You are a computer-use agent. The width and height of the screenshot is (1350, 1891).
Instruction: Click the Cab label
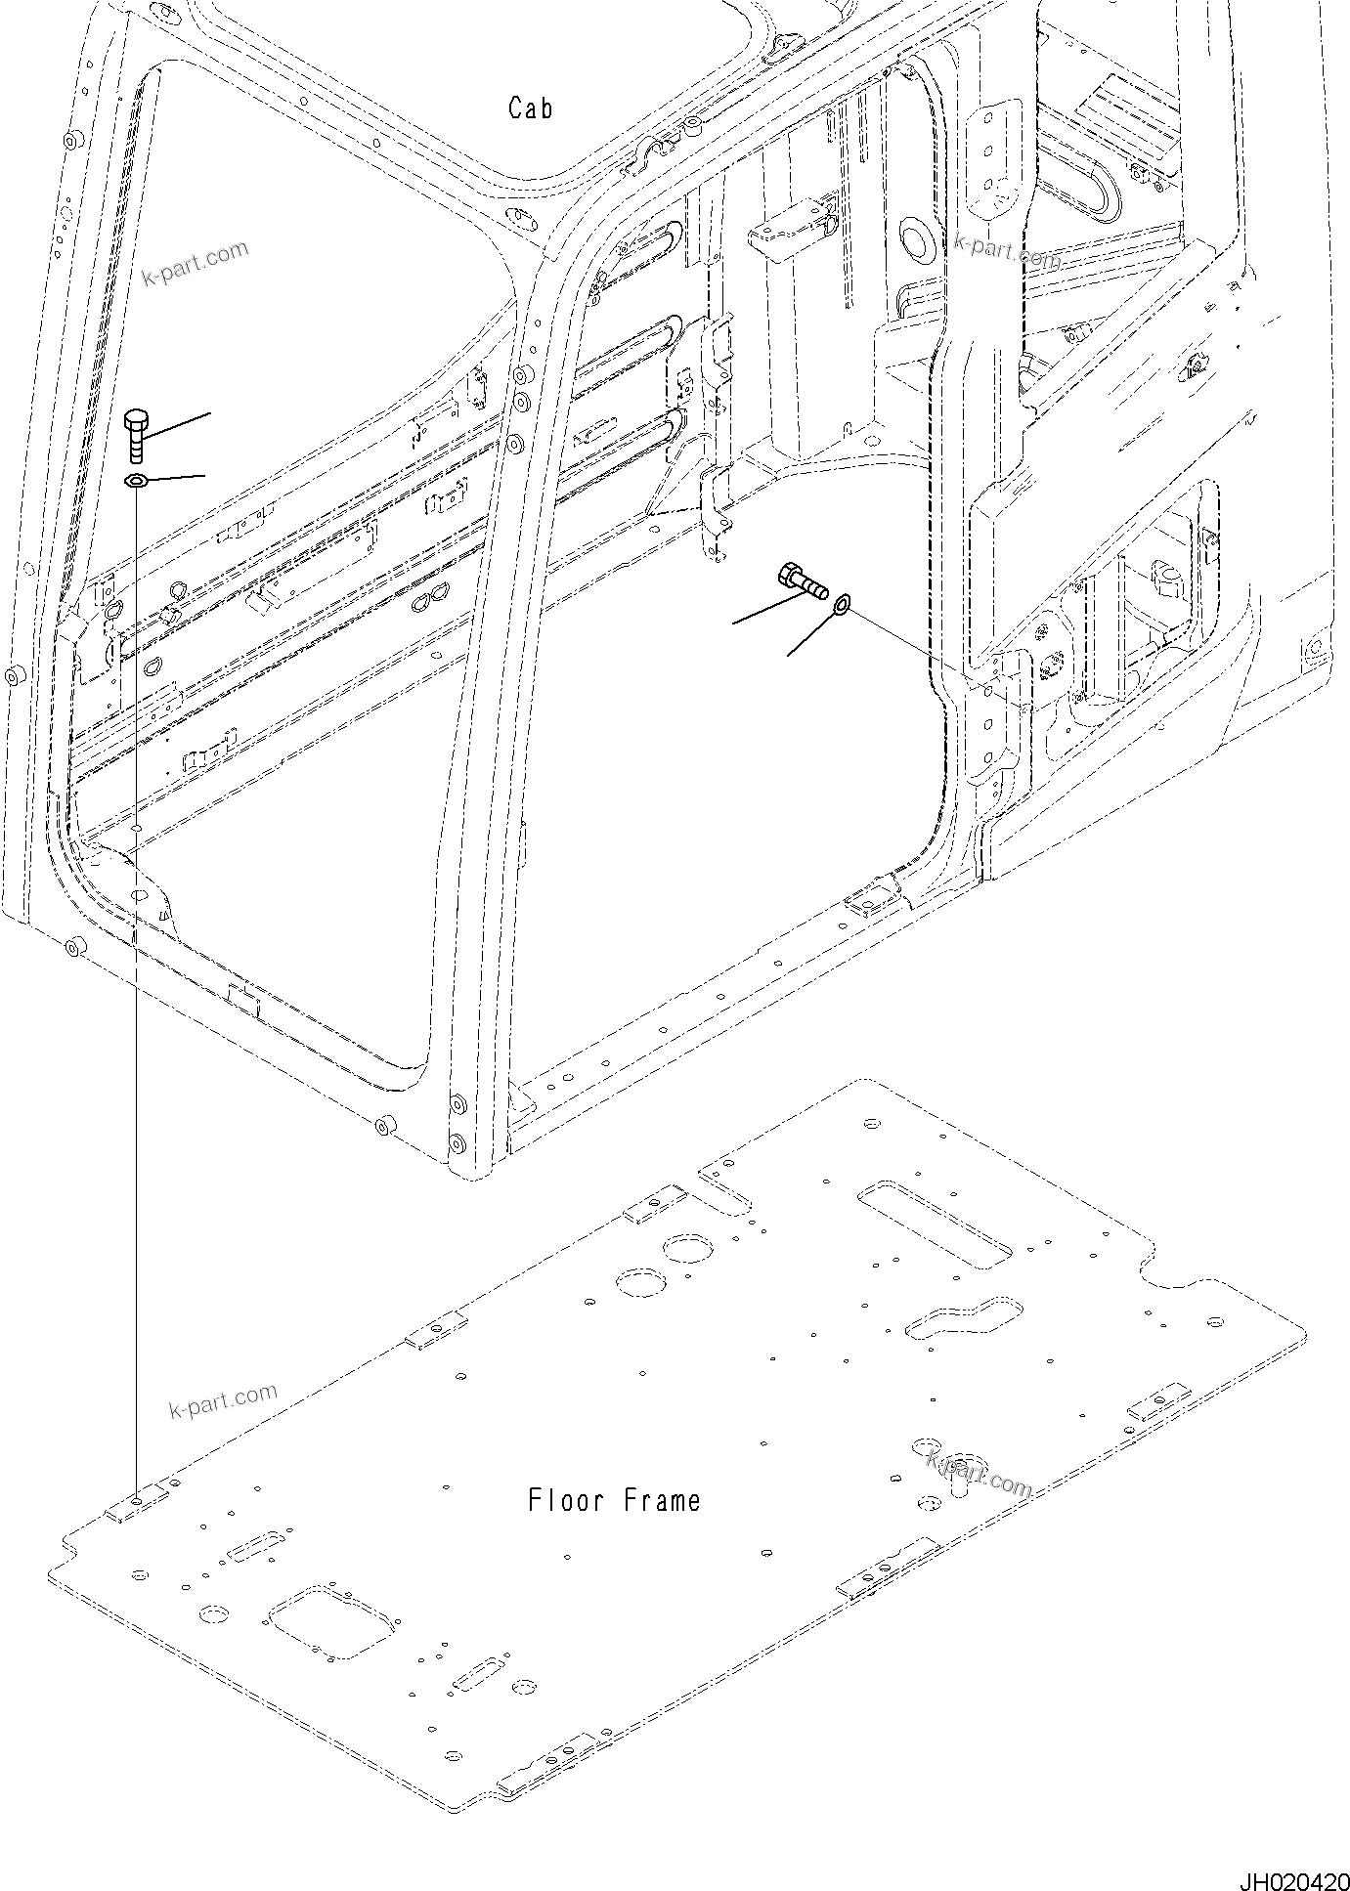pyautogui.click(x=531, y=108)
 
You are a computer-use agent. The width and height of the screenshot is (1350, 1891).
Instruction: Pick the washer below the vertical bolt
pyautogui.click(x=135, y=480)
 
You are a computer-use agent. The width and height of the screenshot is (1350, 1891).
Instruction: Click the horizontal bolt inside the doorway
pyautogui.click(x=801, y=580)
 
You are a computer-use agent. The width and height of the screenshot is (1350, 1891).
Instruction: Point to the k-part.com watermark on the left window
pyautogui.click(x=196, y=264)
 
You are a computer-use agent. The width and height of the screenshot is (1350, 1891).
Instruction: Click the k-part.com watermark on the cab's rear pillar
pyautogui.click(x=1007, y=252)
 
